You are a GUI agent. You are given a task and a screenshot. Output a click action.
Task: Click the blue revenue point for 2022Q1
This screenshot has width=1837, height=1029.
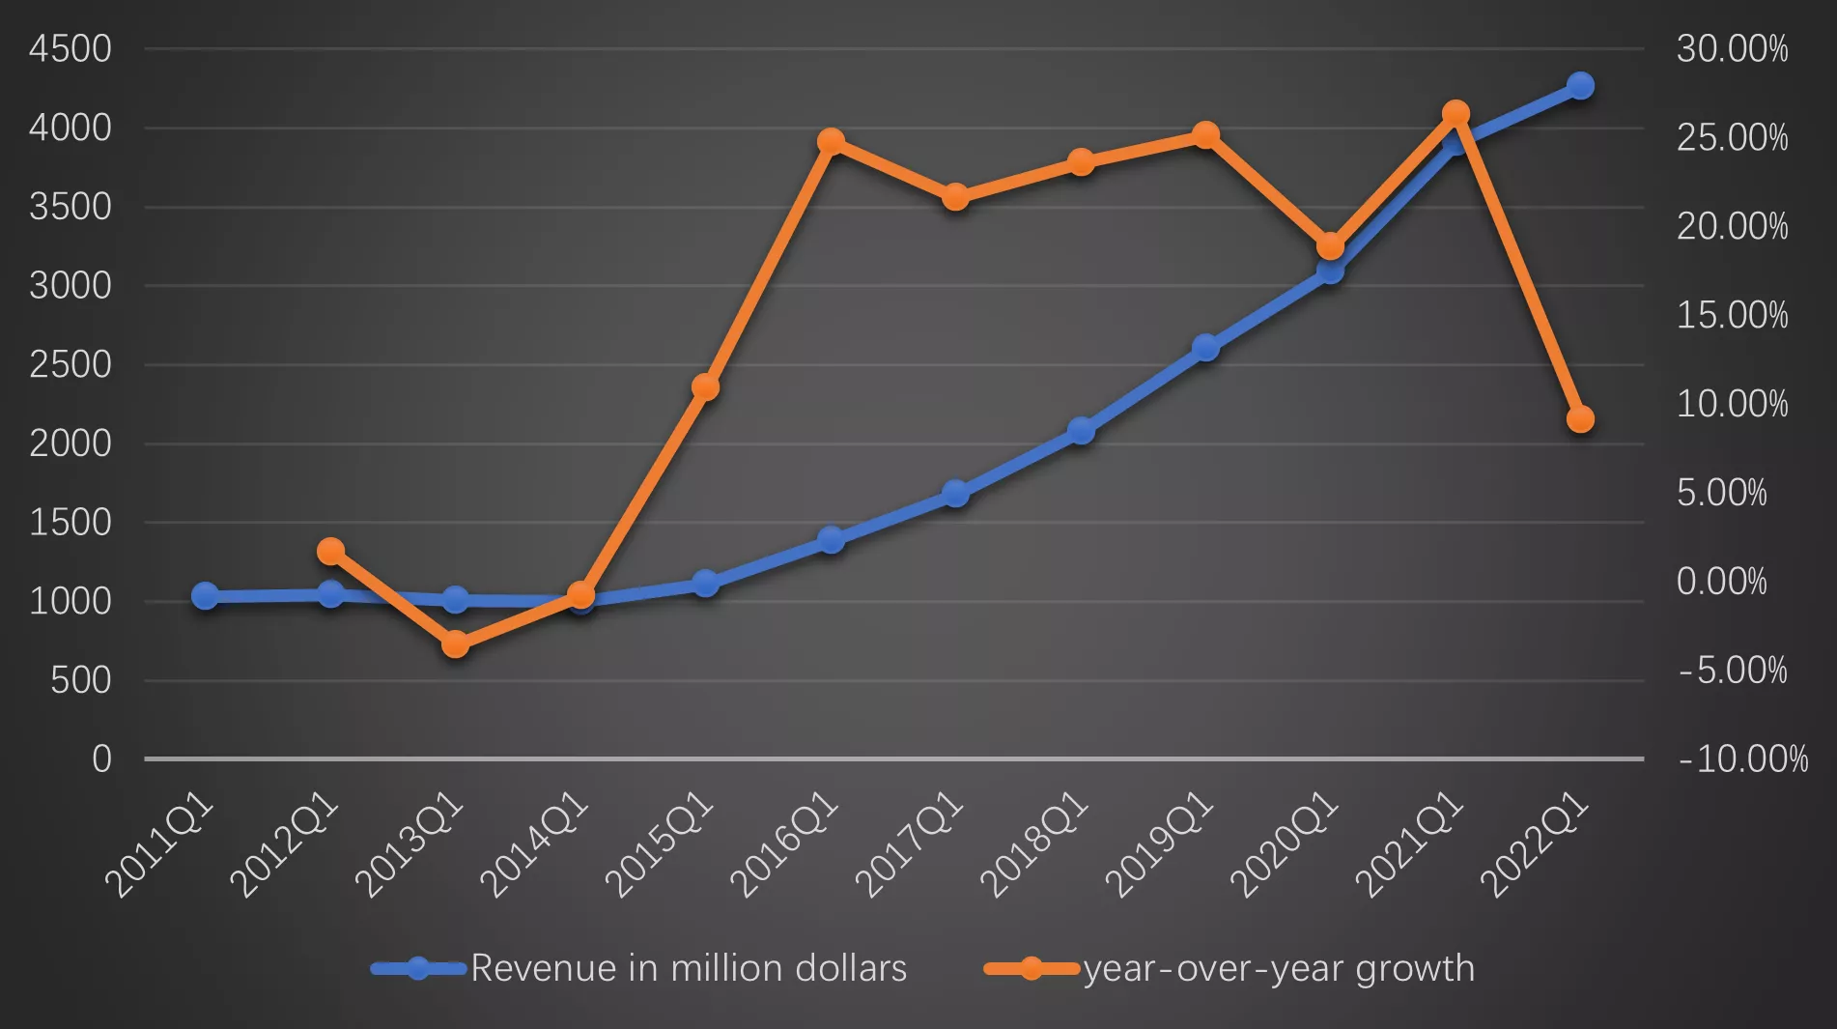pos(1580,86)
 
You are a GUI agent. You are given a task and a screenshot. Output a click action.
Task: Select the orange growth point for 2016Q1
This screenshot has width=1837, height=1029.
pos(831,142)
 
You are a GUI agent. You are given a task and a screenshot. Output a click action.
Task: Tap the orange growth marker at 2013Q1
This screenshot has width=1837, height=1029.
pos(456,644)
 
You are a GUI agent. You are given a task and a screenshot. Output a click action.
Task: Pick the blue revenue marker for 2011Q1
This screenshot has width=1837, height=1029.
pos(205,595)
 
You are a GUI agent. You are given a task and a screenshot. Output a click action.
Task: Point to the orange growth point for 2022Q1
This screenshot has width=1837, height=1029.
pos(1580,419)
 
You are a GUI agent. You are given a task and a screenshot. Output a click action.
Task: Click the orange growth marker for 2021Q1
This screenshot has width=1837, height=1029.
pos(1455,114)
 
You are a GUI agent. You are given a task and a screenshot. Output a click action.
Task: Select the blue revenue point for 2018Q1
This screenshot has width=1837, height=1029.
pos(1082,431)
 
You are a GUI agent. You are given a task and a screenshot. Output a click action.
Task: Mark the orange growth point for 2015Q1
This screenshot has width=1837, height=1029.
pos(706,387)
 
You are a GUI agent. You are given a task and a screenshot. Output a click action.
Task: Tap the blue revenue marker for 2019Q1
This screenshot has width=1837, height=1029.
pos(1205,348)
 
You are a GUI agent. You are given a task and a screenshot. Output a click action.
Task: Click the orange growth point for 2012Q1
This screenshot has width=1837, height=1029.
pos(330,551)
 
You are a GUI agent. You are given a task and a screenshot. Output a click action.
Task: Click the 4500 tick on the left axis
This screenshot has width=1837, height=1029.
pos(71,49)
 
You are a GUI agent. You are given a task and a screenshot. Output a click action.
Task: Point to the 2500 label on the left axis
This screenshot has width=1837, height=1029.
pos(71,365)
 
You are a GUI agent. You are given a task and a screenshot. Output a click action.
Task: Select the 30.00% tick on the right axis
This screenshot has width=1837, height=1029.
pos(1732,49)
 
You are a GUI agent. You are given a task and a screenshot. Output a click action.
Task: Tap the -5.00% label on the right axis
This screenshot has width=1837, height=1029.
pos(1732,671)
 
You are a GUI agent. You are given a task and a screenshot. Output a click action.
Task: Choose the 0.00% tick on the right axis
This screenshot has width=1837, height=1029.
pos(1721,582)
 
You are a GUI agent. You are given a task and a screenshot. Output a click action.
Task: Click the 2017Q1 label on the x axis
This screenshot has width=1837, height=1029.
pos(910,844)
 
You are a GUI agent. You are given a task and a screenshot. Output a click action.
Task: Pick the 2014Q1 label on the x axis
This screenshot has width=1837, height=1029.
pos(534,844)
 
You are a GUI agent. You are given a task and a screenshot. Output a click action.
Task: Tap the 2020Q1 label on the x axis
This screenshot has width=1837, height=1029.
pos(1285,844)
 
